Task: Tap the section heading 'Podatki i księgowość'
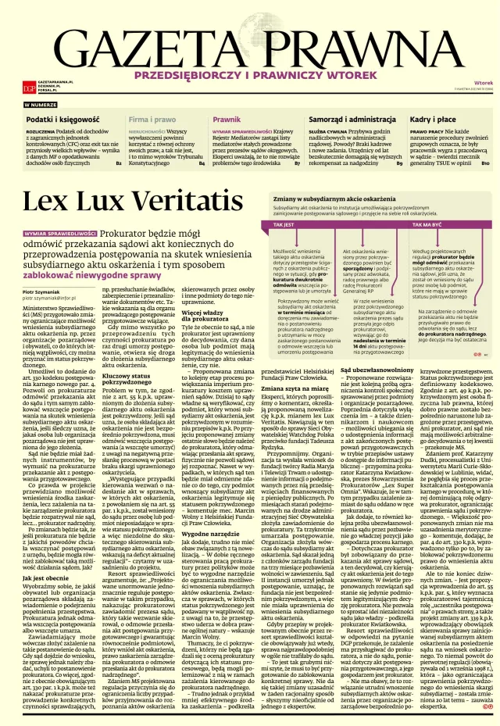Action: pyautogui.click(x=56, y=119)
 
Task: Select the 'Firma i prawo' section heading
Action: pyautogui.click(x=152, y=119)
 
